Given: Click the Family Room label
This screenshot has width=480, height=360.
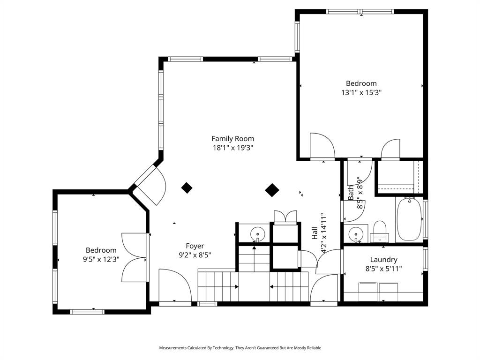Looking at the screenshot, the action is coord(232,139).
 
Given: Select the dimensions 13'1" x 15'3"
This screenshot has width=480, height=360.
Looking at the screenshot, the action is coord(361,92).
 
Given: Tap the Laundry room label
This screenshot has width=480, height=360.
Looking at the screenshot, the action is coord(383,260).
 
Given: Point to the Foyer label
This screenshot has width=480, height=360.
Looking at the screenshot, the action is coord(195,246).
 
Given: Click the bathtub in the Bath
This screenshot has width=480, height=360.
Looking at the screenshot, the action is coord(409,219).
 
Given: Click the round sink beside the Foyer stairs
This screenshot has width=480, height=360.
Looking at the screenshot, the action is coord(258,234).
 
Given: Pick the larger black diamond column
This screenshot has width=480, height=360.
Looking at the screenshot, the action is coord(272,190).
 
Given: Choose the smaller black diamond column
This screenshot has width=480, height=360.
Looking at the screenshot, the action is coord(187,187).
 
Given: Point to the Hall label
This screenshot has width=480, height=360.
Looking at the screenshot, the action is coord(315,233).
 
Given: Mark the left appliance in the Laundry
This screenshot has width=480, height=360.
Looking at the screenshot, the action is coord(368,287).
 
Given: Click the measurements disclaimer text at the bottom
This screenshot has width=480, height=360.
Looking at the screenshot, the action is coord(240,348).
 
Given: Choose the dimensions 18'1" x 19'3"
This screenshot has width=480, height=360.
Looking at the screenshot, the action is coord(232,148).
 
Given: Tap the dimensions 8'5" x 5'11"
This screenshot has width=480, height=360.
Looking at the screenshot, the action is coord(383,269).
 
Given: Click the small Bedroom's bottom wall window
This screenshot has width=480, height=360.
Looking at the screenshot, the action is coord(87,312).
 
